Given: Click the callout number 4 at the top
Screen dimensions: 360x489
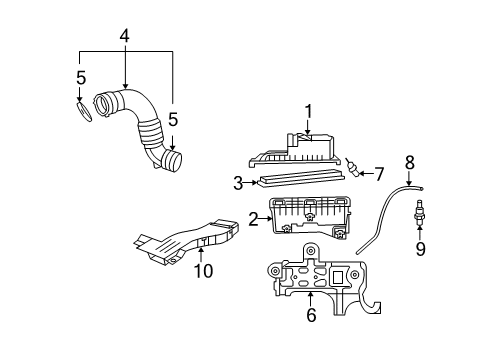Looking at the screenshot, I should (124, 36).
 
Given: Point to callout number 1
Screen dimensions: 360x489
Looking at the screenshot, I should (309, 111).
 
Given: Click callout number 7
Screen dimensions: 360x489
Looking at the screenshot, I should (378, 172).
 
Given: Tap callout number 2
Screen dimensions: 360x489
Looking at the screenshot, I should (253, 217).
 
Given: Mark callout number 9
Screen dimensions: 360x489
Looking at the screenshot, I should (420, 248).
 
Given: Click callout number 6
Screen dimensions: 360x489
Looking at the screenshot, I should (310, 316).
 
